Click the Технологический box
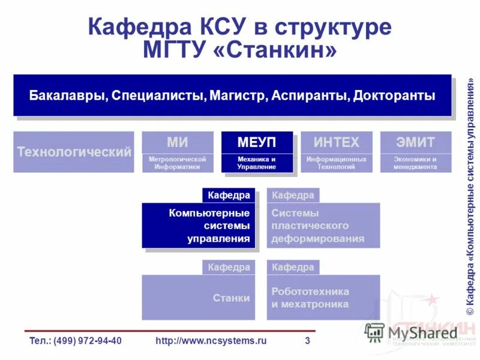click(x=74, y=152)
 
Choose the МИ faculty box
click(x=177, y=152)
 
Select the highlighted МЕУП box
click(x=257, y=152)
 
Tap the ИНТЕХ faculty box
click(x=337, y=152)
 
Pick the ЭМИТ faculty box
click(x=415, y=152)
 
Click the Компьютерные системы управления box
click(x=198, y=226)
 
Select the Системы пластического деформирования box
click(x=323, y=226)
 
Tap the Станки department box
click(x=198, y=298)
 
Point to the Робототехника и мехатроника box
click(x=323, y=298)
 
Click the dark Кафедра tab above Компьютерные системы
click(x=229, y=195)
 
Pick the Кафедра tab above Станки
click(x=229, y=267)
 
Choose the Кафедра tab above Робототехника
click(x=293, y=267)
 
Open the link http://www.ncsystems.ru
click(x=211, y=341)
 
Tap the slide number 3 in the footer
click(x=307, y=341)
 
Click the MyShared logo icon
click(x=374, y=332)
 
